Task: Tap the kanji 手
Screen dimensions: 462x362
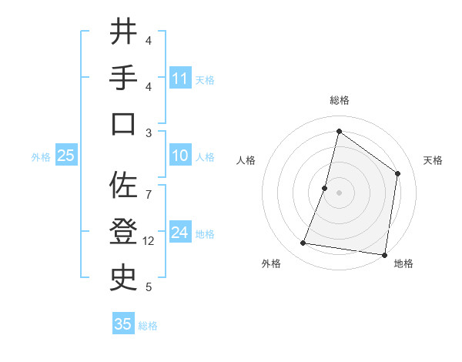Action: click(x=122, y=79)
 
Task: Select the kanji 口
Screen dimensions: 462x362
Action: click(x=122, y=125)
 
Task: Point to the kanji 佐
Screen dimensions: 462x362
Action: click(x=122, y=185)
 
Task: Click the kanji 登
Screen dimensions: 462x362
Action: click(x=122, y=231)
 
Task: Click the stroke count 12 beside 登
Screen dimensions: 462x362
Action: click(x=149, y=241)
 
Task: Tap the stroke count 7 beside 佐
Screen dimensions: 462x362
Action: click(x=149, y=186)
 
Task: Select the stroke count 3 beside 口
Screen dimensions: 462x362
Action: click(x=149, y=132)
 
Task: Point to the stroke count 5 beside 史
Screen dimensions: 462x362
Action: click(x=149, y=287)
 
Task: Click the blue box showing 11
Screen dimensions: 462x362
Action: click(x=180, y=79)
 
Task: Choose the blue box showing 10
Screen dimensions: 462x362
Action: click(x=180, y=156)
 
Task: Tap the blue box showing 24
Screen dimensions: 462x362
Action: click(x=180, y=233)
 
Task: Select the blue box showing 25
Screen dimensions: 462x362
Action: click(x=65, y=156)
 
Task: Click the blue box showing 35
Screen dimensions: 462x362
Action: click(x=123, y=324)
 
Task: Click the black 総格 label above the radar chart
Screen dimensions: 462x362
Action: click(x=339, y=100)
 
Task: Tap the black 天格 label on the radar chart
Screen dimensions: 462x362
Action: click(x=433, y=160)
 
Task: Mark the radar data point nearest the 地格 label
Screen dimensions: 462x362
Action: click(x=384, y=254)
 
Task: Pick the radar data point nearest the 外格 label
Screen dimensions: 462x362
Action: click(x=303, y=243)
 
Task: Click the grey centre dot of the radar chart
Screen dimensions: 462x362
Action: click(x=339, y=193)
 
